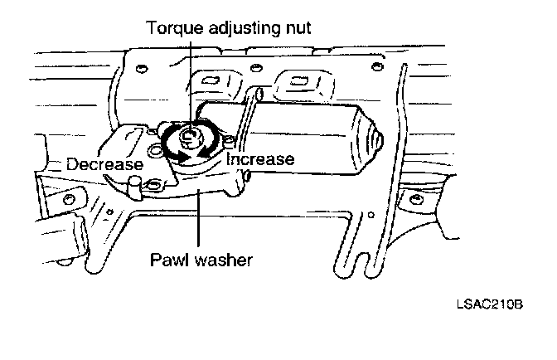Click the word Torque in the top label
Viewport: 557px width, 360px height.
pos(172,27)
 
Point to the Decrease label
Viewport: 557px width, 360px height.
pos(105,163)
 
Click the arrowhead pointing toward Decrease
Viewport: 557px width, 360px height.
pos(171,154)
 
